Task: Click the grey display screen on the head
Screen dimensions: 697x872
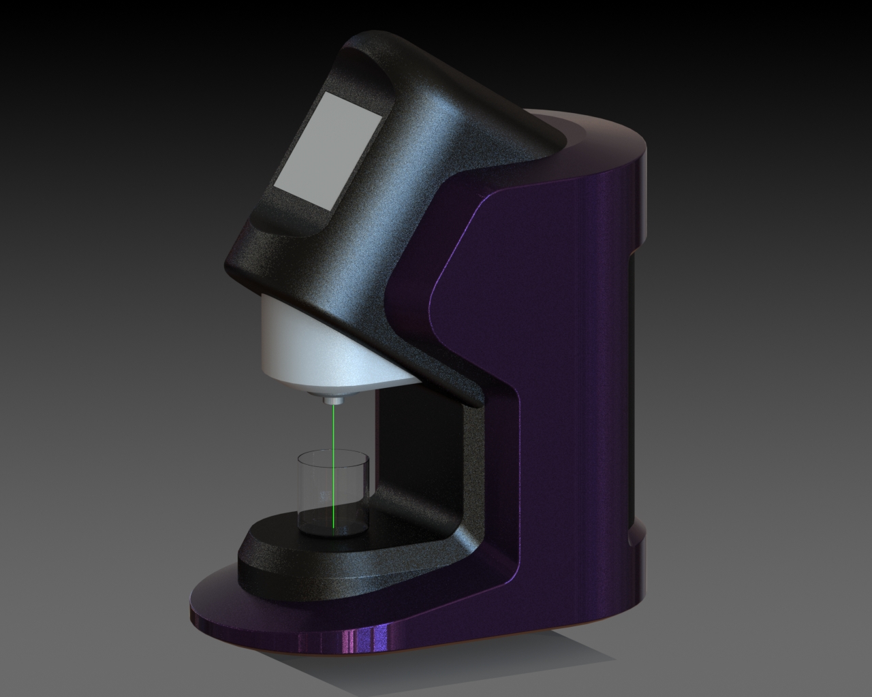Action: (x=328, y=151)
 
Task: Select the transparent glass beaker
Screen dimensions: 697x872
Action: (x=332, y=490)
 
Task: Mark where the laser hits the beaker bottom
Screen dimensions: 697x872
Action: (x=332, y=526)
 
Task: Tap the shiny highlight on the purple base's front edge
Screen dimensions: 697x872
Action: (x=354, y=640)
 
